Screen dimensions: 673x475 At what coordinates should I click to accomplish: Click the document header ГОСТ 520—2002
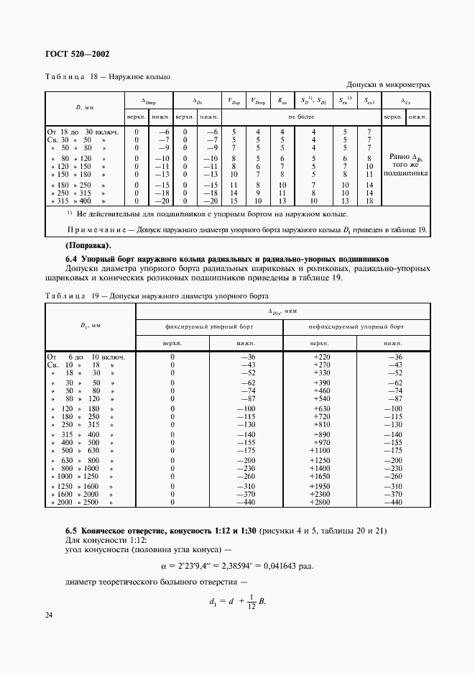78,54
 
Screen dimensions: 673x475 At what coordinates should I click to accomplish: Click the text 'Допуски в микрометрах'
388,84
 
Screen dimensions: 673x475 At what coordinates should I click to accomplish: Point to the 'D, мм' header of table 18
85,107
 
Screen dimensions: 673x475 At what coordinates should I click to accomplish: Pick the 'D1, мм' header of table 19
91,326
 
